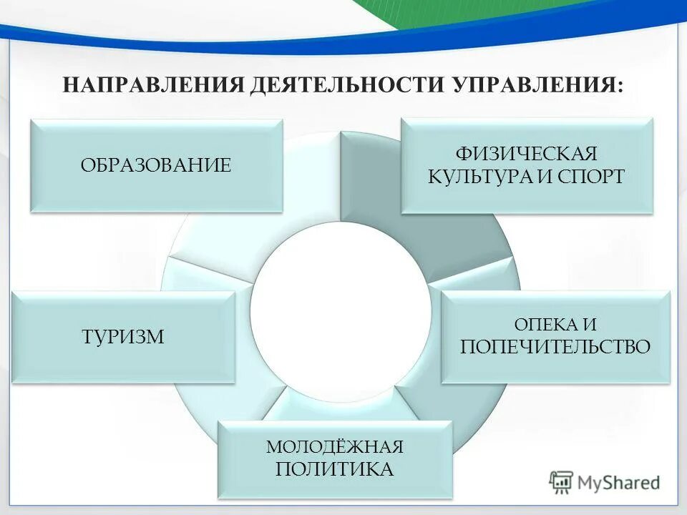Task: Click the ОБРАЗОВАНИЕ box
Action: [156, 165]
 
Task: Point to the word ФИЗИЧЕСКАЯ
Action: [526, 154]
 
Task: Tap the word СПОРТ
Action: [590, 177]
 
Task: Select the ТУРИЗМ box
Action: [123, 336]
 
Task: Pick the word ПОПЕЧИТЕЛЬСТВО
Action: [555, 348]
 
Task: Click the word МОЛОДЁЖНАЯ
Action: [335, 447]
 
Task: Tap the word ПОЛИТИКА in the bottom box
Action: [335, 469]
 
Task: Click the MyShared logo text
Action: [619, 483]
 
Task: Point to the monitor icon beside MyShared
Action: [562, 483]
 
